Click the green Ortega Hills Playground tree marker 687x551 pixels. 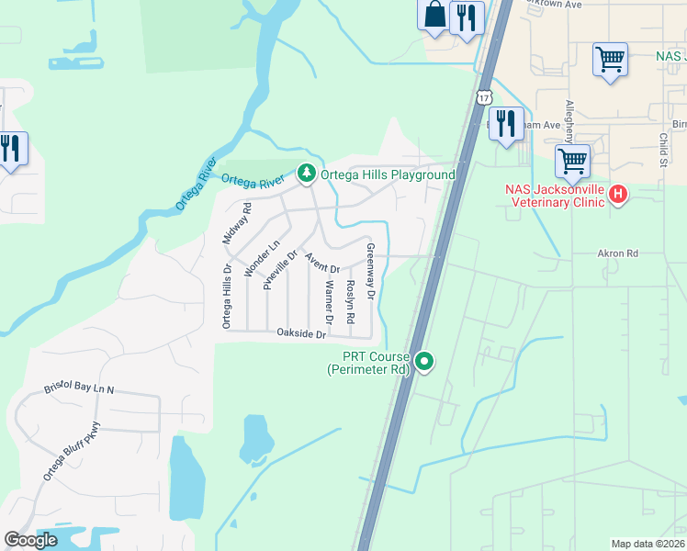tap(306, 172)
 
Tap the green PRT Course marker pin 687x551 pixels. tap(424, 362)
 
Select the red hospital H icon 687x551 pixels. tap(619, 194)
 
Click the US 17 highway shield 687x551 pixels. tap(484, 96)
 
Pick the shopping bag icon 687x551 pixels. tap(434, 16)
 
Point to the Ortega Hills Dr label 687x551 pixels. tap(225, 296)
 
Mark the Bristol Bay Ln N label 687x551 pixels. tap(79, 389)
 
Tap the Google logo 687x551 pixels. tap(31, 540)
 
